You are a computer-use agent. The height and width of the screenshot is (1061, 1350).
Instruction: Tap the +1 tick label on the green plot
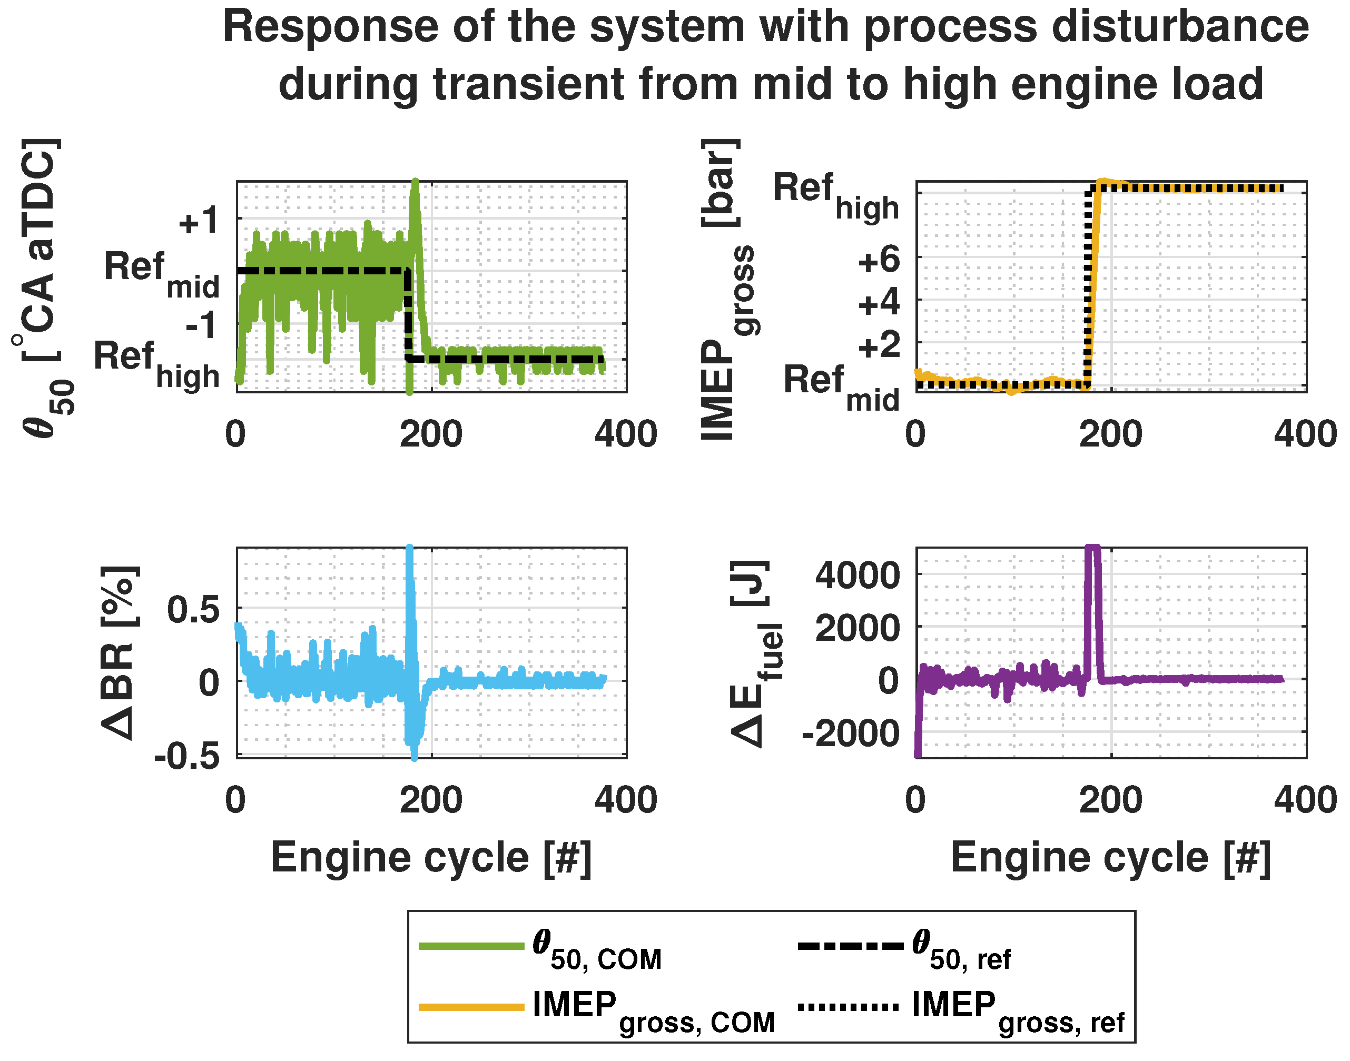tap(198, 221)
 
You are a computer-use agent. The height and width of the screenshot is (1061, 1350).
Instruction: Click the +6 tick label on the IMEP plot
tap(878, 260)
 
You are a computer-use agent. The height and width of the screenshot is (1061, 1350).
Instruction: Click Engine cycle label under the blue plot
tap(431, 858)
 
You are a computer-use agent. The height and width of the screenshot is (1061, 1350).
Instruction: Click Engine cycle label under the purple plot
tap(1111, 858)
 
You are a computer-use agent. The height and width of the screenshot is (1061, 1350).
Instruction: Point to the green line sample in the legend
tap(471, 946)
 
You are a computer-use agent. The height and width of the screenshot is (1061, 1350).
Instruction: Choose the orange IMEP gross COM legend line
tap(471, 1007)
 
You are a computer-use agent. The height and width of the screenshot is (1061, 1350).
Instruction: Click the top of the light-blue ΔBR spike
tap(409, 549)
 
